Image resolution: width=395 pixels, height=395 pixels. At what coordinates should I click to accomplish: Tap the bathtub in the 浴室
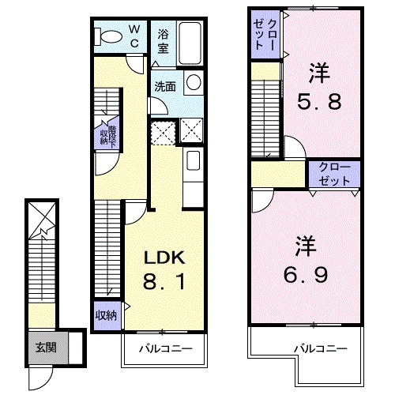click(x=190, y=43)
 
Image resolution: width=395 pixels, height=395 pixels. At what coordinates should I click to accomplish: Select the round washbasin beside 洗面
click(x=194, y=82)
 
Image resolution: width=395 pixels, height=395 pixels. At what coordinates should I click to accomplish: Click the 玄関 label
click(x=47, y=348)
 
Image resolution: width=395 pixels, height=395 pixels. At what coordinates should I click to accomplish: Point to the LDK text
click(x=164, y=258)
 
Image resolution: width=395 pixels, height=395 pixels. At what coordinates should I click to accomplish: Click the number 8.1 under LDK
click(x=164, y=281)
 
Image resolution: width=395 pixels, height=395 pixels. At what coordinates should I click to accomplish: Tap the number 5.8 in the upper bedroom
click(x=319, y=101)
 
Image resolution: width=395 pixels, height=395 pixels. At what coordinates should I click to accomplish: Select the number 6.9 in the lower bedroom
click(x=306, y=274)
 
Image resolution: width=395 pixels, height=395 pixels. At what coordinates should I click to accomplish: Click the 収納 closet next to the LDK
click(x=106, y=315)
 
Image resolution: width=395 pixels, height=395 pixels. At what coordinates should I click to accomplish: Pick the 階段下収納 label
click(x=108, y=137)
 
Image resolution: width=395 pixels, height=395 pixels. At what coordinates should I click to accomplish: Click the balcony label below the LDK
click(x=166, y=349)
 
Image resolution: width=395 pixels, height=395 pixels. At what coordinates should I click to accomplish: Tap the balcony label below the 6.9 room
click(x=321, y=349)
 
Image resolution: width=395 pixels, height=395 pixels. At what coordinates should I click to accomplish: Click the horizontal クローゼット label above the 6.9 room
click(x=334, y=174)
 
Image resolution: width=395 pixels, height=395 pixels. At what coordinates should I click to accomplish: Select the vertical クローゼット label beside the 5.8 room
click(x=265, y=35)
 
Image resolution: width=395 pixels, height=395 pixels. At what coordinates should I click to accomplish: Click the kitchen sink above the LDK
click(x=193, y=160)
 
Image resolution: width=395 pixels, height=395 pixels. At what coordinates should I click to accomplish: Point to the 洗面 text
click(x=165, y=86)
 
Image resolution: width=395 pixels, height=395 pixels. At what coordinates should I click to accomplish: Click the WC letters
click(x=134, y=36)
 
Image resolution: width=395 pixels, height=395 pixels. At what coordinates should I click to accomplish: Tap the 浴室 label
click(x=164, y=42)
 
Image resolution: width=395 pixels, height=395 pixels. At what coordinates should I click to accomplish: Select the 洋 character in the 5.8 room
click(x=319, y=73)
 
